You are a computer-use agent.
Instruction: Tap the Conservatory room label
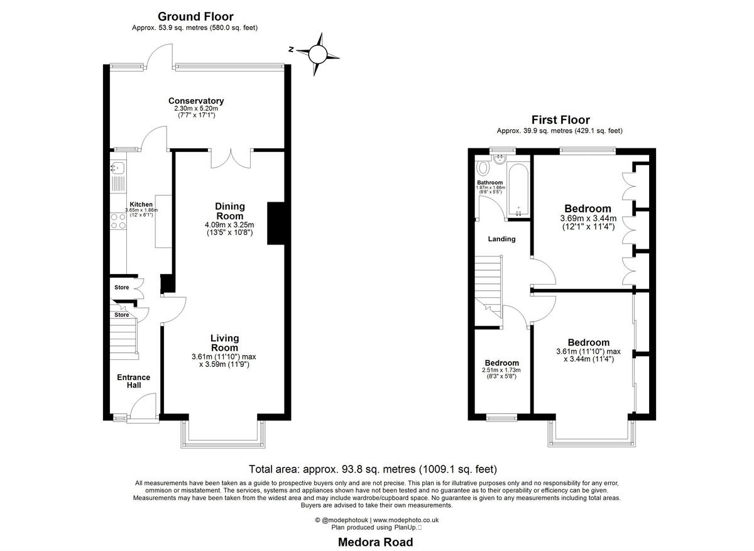[195, 101]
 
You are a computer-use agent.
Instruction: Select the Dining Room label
[230, 211]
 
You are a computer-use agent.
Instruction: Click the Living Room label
[224, 343]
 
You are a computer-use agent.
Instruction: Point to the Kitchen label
[141, 205]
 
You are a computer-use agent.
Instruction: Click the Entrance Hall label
[134, 381]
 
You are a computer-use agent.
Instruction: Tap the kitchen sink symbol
[117, 168]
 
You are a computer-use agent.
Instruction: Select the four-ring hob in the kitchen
[117, 221]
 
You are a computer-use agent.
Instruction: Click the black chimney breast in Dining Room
[276, 223]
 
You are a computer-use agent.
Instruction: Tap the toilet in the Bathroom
[483, 168]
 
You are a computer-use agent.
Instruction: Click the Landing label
[501, 239]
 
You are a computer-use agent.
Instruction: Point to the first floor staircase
[488, 283]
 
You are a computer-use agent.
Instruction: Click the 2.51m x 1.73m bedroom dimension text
[501, 370]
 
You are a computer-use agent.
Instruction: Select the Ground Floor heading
[195, 17]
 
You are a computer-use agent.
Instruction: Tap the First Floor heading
[560, 119]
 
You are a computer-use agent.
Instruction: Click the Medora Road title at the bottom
[376, 542]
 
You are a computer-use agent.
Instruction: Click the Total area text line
[373, 469]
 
